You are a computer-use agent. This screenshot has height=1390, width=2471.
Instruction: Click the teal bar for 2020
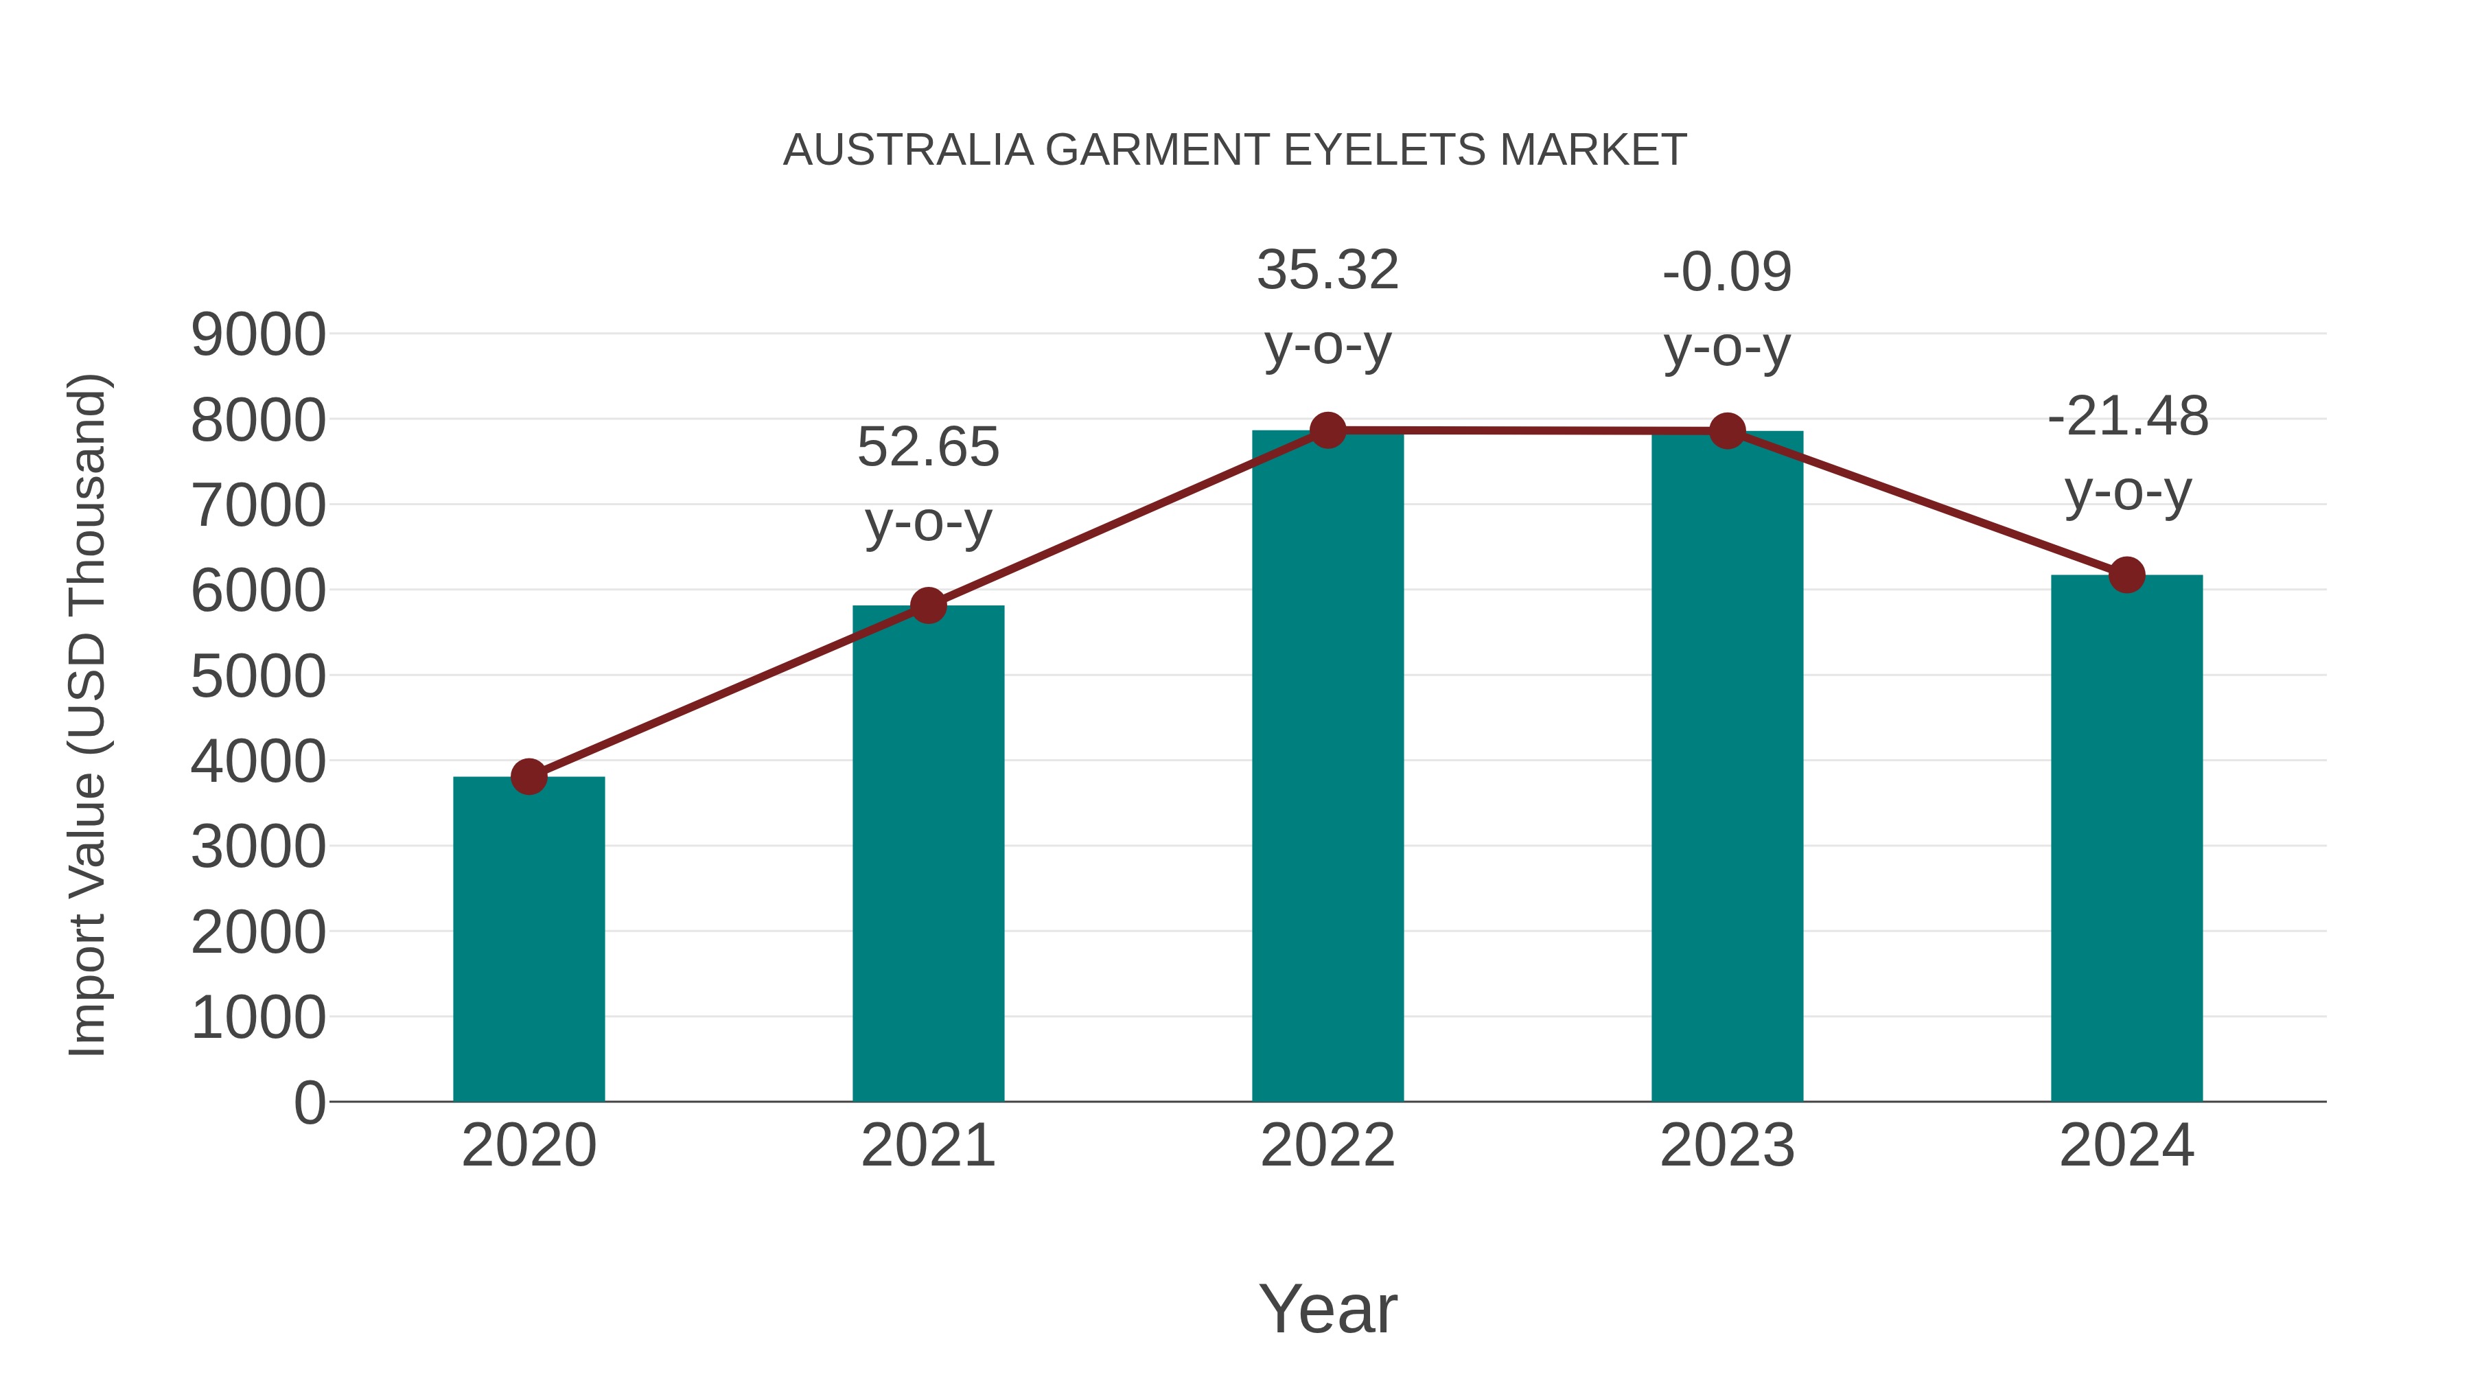coord(529,940)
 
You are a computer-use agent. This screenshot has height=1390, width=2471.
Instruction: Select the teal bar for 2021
coord(927,854)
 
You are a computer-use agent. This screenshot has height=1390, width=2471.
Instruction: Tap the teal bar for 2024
coord(2126,839)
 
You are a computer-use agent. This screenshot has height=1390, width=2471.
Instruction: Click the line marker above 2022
coord(1327,430)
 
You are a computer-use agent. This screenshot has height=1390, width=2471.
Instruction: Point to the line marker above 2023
coord(1727,432)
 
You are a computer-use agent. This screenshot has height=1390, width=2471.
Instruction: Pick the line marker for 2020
coord(529,776)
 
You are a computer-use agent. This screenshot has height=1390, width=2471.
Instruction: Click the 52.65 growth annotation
coord(927,485)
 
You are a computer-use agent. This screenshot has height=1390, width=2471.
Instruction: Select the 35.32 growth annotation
coord(1327,307)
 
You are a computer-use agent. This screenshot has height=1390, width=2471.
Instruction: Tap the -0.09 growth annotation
coord(1727,309)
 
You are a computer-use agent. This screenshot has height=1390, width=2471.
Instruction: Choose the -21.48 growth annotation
coord(2126,454)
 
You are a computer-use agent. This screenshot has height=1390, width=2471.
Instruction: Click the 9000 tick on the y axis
coord(258,335)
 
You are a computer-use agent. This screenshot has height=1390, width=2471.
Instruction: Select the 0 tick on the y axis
coord(310,1102)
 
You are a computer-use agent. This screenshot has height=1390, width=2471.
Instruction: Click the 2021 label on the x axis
coord(927,1146)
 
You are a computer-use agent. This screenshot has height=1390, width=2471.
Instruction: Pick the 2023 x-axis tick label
coord(1727,1146)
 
